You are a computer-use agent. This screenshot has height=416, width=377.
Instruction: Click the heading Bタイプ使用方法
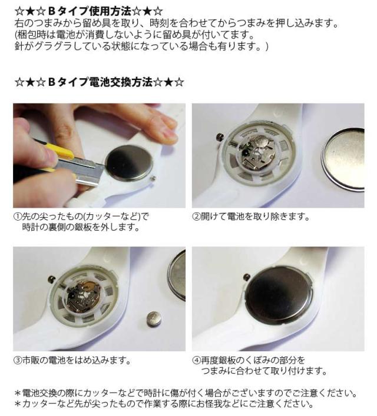tap(90, 11)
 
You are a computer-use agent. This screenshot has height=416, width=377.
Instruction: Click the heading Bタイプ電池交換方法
tap(100, 82)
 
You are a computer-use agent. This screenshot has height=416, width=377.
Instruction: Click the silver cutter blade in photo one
tap(80, 170)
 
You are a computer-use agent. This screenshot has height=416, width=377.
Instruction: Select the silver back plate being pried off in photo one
tap(129, 163)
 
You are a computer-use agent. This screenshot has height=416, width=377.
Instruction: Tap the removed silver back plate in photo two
tap(344, 159)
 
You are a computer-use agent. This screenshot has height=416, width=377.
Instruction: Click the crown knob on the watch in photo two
tap(220, 137)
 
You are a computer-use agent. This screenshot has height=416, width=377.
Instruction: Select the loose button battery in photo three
tap(154, 319)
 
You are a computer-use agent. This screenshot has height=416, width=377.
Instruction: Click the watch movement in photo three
tap(83, 297)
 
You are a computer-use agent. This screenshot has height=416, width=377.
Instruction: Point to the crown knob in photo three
tap(51, 279)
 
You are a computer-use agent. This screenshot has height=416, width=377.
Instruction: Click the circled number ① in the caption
tap(17, 217)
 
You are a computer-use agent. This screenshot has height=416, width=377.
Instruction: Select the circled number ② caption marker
tap(196, 217)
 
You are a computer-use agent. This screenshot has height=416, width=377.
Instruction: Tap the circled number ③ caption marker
tap(17, 360)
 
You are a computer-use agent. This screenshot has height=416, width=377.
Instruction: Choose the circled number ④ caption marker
tap(196, 360)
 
